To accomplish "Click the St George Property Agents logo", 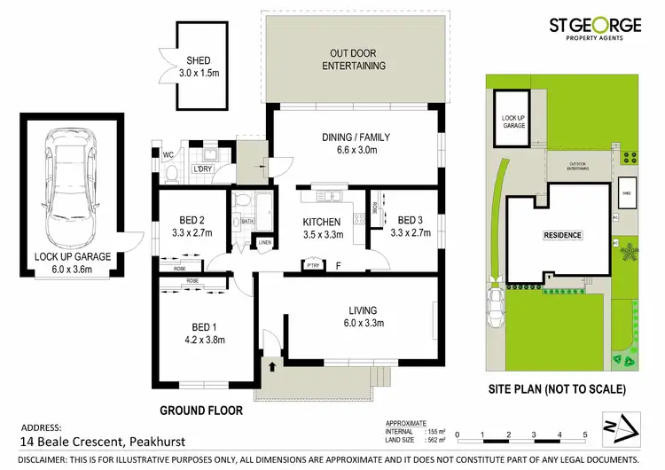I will click(595, 33).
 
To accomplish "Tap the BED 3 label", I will click(412, 221).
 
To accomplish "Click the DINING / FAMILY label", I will click(355, 137).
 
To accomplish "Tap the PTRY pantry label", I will click(312, 264).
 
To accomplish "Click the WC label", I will click(167, 155).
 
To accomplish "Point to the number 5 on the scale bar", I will click(585, 435).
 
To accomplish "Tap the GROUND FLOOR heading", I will click(200, 411).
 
